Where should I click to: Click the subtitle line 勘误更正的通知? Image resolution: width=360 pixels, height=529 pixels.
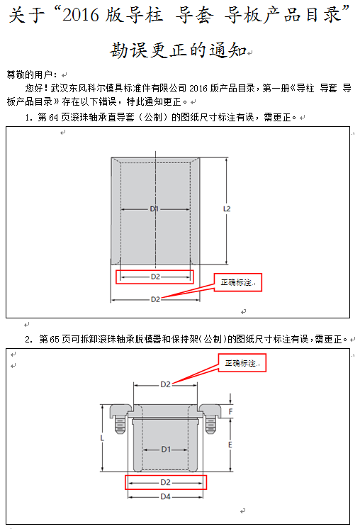(178, 50)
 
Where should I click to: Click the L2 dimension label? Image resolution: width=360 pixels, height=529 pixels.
(227, 209)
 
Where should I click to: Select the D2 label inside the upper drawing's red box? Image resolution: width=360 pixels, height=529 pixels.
(155, 277)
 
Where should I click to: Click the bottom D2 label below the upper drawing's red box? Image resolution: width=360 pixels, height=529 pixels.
(155, 299)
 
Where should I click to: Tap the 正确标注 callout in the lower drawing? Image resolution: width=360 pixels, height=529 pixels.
(240, 364)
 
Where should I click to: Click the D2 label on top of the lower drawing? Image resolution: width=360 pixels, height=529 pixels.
(165, 384)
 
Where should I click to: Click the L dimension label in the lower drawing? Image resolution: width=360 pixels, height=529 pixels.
(103, 438)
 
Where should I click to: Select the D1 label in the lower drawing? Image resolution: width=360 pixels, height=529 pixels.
(165, 449)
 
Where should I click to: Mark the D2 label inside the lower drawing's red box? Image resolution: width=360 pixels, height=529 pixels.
(165, 482)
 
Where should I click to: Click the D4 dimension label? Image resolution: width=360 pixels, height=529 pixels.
(165, 496)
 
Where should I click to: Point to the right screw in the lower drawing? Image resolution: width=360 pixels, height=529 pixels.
(210, 423)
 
